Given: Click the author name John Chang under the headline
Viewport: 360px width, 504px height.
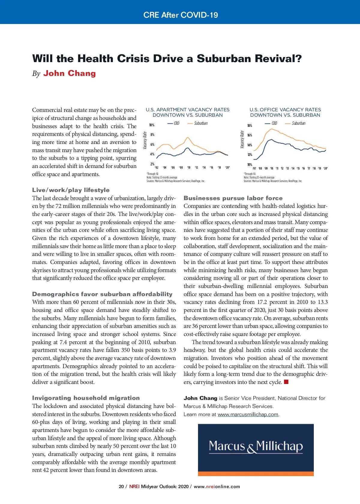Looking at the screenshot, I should click(69, 73).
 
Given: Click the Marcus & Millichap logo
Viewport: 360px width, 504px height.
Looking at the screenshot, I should click(256, 447).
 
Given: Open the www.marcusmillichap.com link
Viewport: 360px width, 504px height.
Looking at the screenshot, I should click(248, 414).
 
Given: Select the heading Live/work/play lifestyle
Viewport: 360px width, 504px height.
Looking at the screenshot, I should click(71, 190).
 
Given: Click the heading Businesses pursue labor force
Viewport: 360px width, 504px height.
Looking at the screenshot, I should click(233, 198).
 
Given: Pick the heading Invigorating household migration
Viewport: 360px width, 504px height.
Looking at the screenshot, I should click(86, 398).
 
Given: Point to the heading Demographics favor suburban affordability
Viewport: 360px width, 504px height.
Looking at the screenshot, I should click(102, 294).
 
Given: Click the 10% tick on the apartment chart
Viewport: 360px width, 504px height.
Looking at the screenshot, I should click(152, 125).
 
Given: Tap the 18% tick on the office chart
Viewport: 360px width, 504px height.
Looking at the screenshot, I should click(250, 125).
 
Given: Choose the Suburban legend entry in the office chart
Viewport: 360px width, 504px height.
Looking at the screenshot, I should click(295, 123).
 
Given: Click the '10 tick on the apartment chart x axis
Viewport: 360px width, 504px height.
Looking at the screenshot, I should click(189, 167).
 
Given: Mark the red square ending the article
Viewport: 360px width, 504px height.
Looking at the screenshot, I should click(286, 382).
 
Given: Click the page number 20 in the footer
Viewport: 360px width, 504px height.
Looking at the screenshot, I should click(121, 487).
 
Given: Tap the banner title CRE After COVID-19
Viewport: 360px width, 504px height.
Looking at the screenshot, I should click(181, 15).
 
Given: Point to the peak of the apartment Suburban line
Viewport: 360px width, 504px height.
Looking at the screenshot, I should click(188, 137).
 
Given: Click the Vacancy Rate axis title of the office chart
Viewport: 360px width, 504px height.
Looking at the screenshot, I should click(242, 139).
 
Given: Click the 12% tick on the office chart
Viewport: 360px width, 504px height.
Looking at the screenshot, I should click(250, 155).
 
